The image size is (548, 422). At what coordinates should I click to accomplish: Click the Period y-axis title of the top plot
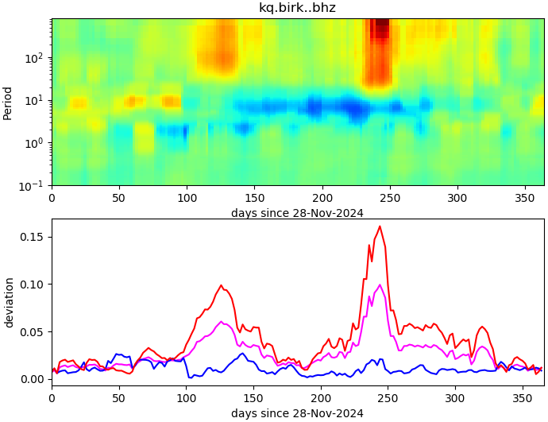8,102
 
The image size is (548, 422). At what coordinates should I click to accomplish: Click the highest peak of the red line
380,226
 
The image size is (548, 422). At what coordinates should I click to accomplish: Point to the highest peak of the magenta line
380,285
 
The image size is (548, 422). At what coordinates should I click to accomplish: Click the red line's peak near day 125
222,285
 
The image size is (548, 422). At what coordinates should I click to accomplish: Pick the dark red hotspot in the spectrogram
382,28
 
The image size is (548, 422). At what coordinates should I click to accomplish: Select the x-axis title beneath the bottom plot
297,413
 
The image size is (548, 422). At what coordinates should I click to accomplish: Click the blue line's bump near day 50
118,354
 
